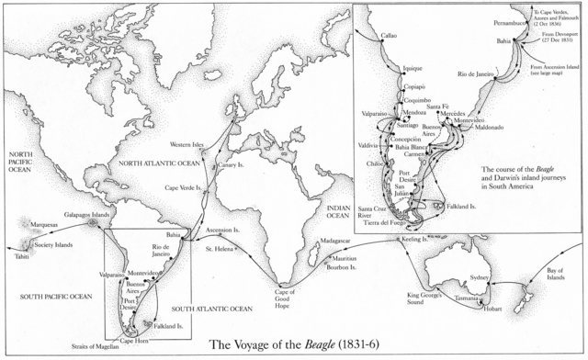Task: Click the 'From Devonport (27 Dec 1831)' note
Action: [x=558, y=38]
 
